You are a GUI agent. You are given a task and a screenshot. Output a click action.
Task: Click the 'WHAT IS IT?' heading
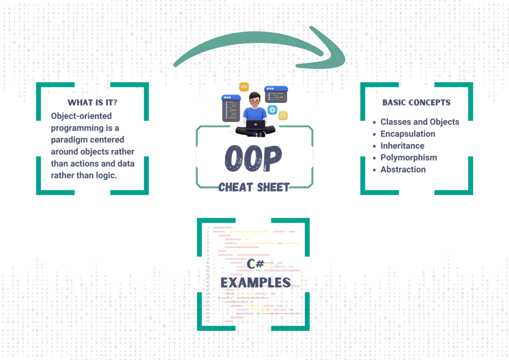(92, 102)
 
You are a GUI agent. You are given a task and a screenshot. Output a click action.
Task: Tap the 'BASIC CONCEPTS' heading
(416, 102)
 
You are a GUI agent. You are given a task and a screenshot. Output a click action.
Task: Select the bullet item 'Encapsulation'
(408, 134)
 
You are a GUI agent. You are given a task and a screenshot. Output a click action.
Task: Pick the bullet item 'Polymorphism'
(408, 157)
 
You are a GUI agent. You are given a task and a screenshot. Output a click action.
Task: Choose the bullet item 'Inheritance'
(402, 146)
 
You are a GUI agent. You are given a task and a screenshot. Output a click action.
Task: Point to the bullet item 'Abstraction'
(403, 170)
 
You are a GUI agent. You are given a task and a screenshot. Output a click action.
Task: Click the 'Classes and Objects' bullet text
(419, 122)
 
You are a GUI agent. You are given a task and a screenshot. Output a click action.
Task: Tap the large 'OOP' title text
(253, 159)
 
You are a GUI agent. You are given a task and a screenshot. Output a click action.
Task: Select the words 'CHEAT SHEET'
(254, 187)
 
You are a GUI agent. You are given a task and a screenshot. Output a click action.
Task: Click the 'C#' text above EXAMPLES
(255, 264)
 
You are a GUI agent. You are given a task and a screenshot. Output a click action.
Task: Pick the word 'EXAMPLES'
(255, 282)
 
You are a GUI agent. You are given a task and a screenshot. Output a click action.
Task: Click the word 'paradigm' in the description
(68, 140)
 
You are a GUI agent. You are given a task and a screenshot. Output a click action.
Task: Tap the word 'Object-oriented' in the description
(81, 116)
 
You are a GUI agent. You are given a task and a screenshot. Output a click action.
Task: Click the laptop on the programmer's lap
(255, 125)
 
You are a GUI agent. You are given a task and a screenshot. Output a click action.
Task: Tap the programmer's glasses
(255, 101)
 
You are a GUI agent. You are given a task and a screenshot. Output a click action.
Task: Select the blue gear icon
(272, 110)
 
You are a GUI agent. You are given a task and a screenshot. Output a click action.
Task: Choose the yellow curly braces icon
(283, 116)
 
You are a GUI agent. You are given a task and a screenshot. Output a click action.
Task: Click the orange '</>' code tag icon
(244, 87)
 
